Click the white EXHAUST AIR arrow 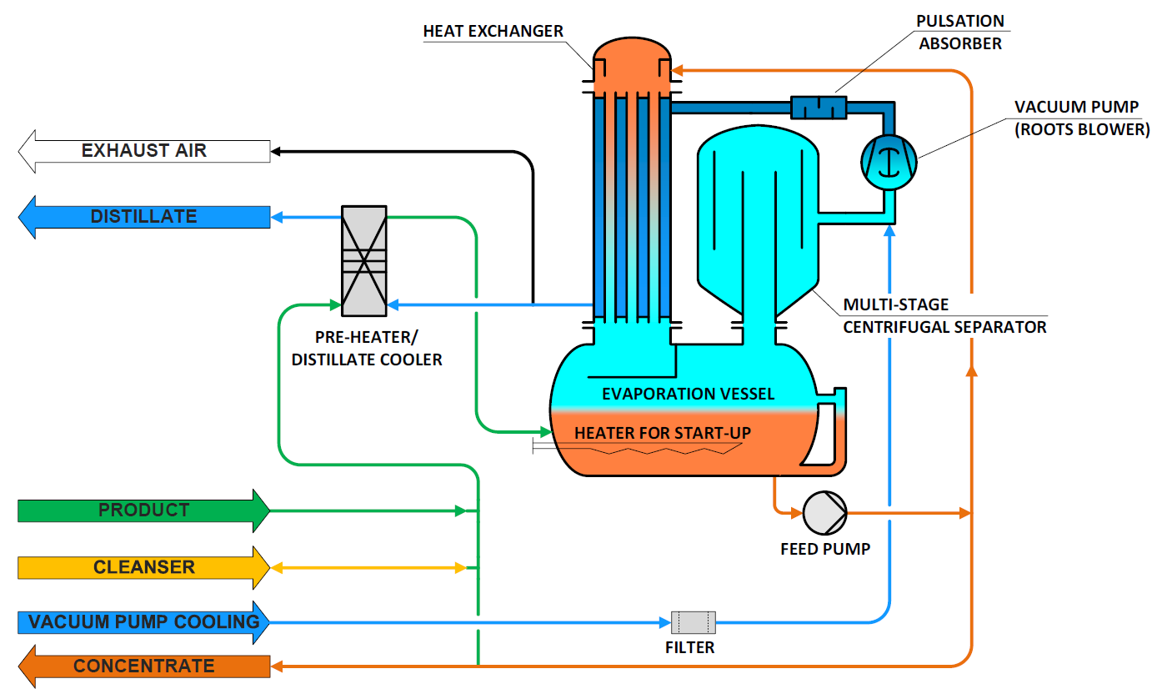click(143, 151)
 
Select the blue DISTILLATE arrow click(143, 217)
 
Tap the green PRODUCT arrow click(143, 510)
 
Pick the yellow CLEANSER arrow click(143, 568)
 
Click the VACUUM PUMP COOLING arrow click(143, 622)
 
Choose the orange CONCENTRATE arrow click(143, 666)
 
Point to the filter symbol click(693, 622)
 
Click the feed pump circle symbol click(824, 512)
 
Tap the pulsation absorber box click(818, 107)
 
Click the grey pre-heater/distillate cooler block click(364, 261)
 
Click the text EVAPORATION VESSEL click(688, 394)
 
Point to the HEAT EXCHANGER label click(493, 32)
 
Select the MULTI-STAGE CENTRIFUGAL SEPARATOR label click(944, 316)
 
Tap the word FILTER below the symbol click(690, 647)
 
